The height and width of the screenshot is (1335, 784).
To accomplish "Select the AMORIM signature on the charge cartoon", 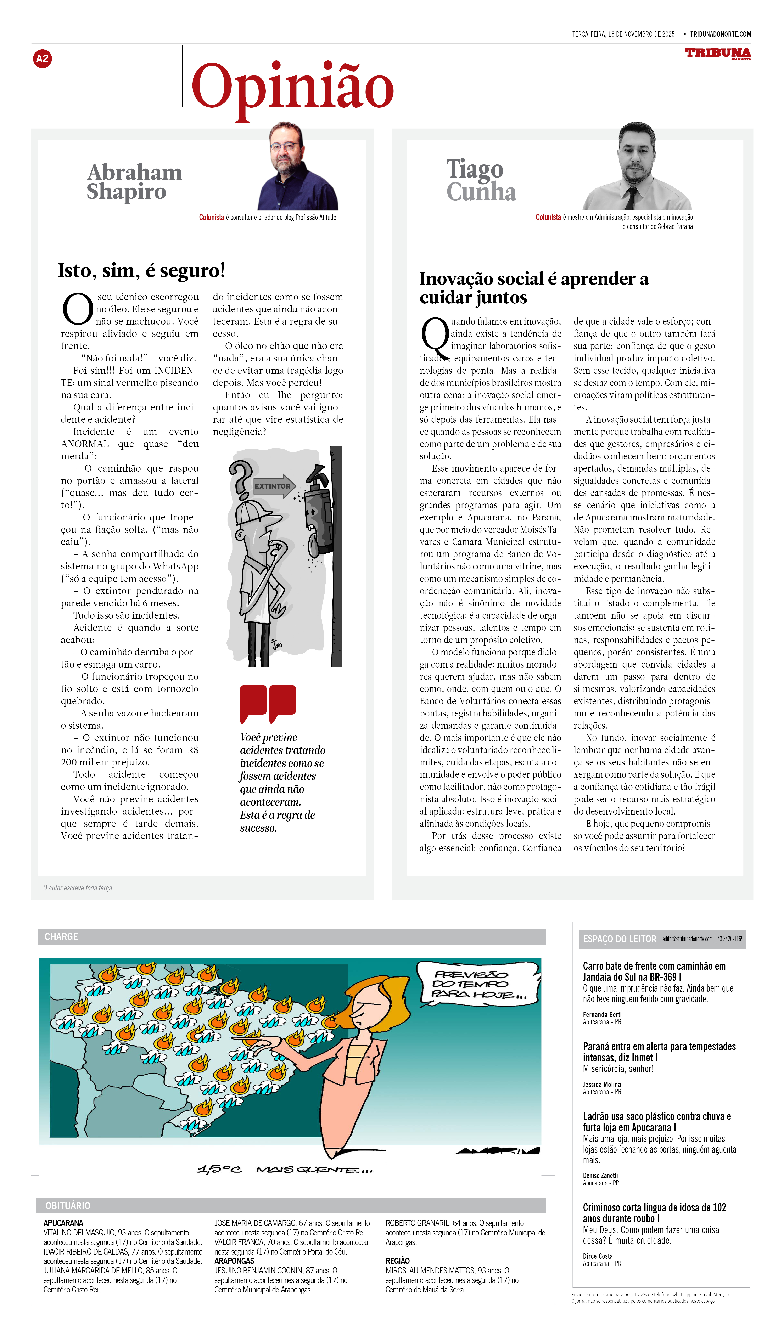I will [x=498, y=1151].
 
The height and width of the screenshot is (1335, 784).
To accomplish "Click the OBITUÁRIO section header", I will [x=68, y=1206].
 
